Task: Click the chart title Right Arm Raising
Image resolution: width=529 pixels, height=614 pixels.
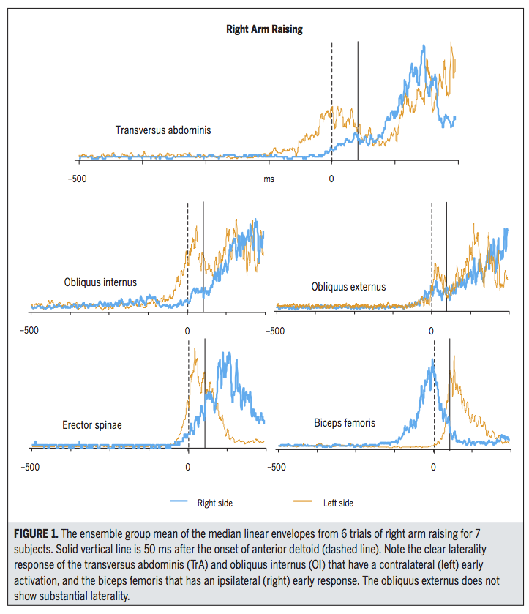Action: tap(264, 29)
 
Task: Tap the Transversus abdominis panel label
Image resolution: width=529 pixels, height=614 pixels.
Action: tap(163, 130)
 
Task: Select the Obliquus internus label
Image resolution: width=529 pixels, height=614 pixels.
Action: tap(100, 282)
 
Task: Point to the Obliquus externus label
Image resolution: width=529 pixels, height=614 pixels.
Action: tap(348, 287)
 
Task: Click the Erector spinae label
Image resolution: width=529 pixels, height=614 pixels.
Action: tap(92, 425)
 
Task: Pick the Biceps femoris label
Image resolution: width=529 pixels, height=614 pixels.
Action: tap(345, 423)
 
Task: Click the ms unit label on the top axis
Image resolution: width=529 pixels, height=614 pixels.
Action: tap(269, 179)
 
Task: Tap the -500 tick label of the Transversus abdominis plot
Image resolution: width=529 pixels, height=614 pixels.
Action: tap(77, 179)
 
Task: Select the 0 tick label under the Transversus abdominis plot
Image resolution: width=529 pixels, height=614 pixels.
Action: tap(331, 179)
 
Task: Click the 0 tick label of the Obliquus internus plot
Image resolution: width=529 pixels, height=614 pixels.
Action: tap(187, 331)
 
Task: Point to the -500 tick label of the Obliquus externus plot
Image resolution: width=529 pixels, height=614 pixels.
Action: tap(275, 331)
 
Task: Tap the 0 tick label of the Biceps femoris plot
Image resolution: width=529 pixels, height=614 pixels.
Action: tap(433, 467)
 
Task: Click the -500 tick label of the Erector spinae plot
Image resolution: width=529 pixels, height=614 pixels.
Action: tap(30, 467)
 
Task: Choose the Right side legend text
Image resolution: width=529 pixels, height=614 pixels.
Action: tap(215, 503)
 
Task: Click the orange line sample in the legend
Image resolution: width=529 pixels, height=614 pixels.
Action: tap(303, 501)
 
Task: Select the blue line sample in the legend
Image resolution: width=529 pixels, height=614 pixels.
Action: tap(179, 501)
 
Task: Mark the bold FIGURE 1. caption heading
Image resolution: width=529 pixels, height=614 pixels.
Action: tap(36, 533)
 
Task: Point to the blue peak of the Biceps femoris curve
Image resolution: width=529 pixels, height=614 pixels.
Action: tap(432, 360)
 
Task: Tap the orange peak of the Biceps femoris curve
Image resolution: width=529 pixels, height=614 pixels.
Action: tap(454, 356)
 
